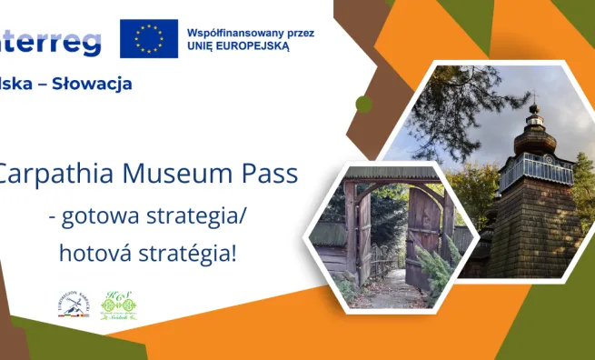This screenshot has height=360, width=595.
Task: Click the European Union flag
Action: point(149,37)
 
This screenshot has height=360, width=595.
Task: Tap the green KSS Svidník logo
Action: point(118,306)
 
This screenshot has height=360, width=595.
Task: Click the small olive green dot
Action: point(363,104)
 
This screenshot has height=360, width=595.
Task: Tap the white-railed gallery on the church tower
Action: point(536,170)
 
